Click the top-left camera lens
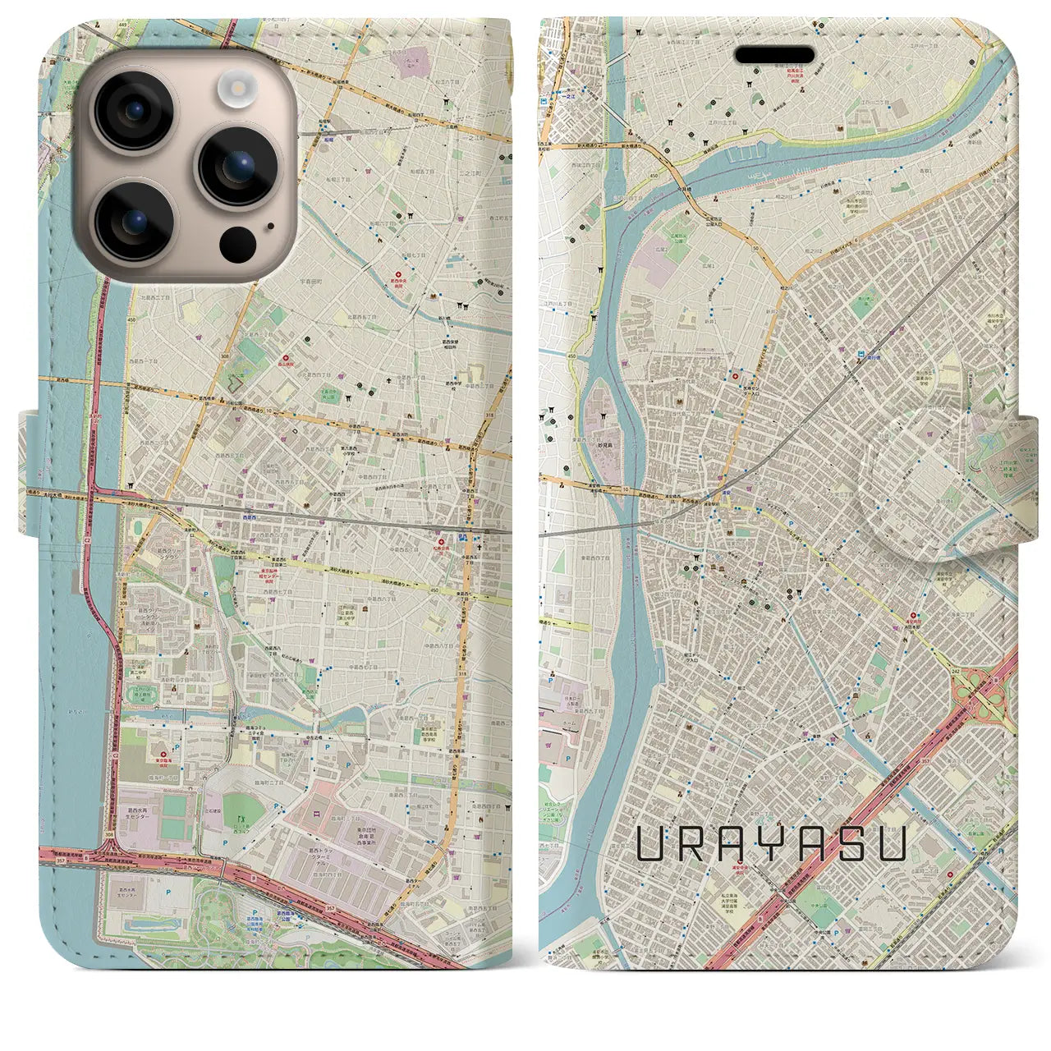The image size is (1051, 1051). [134, 110]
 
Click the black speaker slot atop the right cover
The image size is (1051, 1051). [774, 55]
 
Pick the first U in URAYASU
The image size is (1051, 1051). [653, 843]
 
